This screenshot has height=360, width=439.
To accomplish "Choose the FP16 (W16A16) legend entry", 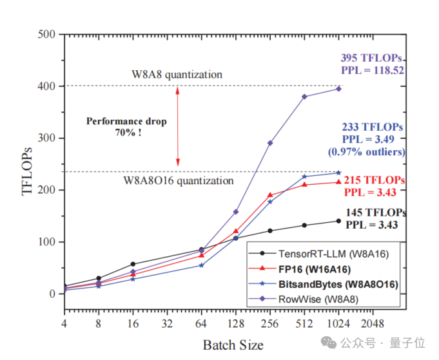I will [315, 268].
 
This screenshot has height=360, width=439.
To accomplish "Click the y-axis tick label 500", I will [46, 34].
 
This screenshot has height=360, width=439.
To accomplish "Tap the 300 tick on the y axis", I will [46, 138].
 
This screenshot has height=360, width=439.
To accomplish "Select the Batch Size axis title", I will [233, 345].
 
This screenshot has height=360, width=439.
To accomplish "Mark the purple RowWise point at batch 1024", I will [338, 88].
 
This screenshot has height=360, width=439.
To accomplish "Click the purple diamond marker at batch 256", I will [270, 142].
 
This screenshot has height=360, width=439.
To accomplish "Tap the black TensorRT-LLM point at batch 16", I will [133, 264].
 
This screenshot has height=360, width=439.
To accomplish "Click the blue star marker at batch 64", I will [201, 265].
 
